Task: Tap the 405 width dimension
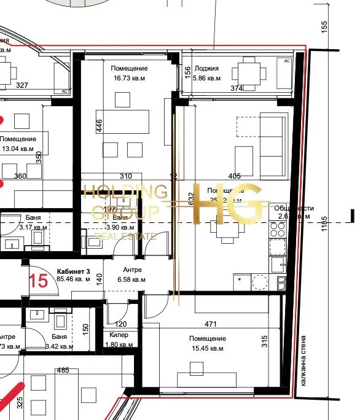tap(234, 176)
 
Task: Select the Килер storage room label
tap(119, 335)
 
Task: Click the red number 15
tap(38, 281)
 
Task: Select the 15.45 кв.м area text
tap(208, 349)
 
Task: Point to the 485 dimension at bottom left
tap(62, 370)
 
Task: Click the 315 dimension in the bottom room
tap(266, 341)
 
